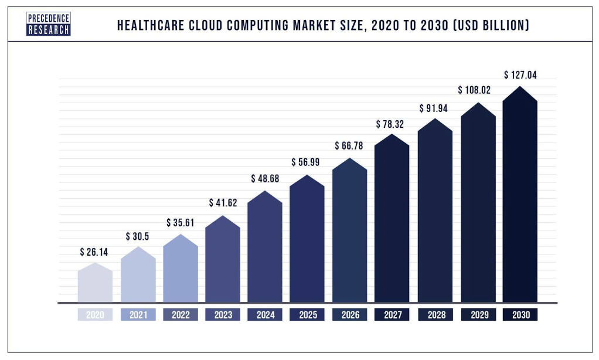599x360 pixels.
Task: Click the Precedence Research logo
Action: pyautogui.click(x=49, y=25)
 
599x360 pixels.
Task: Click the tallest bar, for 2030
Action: pyautogui.click(x=520, y=196)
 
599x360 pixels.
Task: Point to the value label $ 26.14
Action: pyautogui.click(x=95, y=252)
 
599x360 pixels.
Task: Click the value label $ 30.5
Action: pyautogui.click(x=138, y=236)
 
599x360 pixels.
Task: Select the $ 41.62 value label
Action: pyautogui.click(x=223, y=203)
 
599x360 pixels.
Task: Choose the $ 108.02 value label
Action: pyautogui.click(x=474, y=90)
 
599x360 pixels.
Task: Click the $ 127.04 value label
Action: pyautogui.click(x=520, y=75)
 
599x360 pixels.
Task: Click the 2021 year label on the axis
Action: pyautogui.click(x=138, y=315)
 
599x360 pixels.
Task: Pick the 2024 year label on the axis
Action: pyautogui.click(x=266, y=315)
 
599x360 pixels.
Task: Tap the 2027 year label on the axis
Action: pyautogui.click(x=393, y=315)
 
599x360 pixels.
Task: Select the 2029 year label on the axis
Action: pyautogui.click(x=478, y=315)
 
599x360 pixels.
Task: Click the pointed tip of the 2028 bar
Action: pyautogui.click(x=435, y=119)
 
